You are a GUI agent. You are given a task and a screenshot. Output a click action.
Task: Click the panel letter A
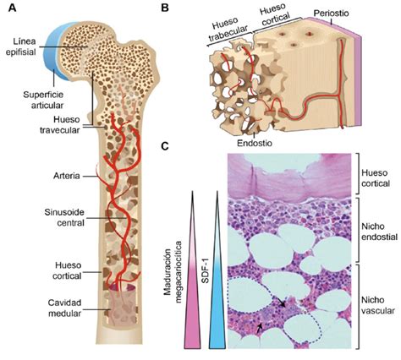[x=12, y=8]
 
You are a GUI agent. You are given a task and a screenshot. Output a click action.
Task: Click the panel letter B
[x=164, y=8]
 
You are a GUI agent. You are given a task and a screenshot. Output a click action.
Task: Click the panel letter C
[x=165, y=145]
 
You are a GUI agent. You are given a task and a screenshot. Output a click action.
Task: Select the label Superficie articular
[x=43, y=100]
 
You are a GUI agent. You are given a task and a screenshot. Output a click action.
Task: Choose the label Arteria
[x=67, y=176]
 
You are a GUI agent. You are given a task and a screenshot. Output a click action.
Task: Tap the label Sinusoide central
[x=64, y=217]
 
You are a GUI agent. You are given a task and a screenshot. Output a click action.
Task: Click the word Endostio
[x=255, y=143]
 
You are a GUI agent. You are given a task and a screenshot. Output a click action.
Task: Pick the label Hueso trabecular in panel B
[x=228, y=30]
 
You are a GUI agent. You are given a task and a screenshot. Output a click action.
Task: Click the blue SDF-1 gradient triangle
[x=217, y=270]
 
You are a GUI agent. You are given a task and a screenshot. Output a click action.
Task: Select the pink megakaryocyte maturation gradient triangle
[x=193, y=270]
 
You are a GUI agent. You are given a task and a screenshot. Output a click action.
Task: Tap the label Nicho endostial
[x=380, y=232]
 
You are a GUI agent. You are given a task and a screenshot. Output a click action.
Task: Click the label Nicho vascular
[x=378, y=305]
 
